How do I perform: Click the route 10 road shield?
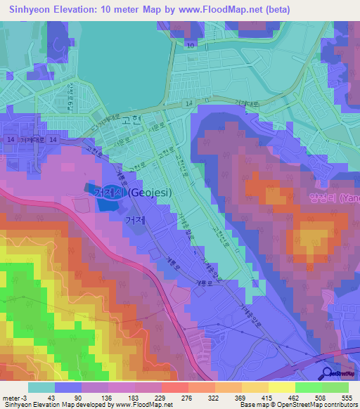click(190, 45)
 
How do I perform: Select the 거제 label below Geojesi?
click(136, 220)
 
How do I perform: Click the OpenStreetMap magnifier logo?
click(328, 373)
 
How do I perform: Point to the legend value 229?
click(161, 398)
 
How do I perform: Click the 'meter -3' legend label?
click(15, 398)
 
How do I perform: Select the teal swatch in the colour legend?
click(41, 387)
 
